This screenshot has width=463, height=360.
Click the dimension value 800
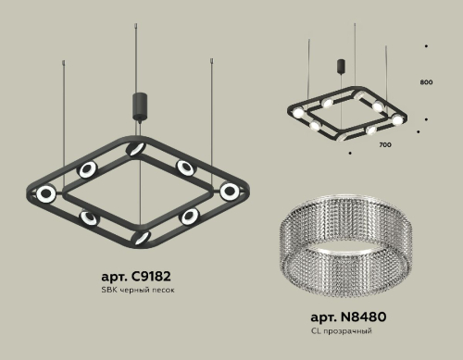[426, 82]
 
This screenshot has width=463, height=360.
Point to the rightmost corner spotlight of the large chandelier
[229, 191]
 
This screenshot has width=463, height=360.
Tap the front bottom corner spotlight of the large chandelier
[141, 237]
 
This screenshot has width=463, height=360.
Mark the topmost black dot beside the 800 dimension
[425, 45]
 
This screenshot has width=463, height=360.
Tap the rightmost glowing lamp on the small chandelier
[397, 120]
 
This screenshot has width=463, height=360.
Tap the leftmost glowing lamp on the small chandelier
[316, 123]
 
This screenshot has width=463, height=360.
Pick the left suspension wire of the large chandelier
[63, 111]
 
